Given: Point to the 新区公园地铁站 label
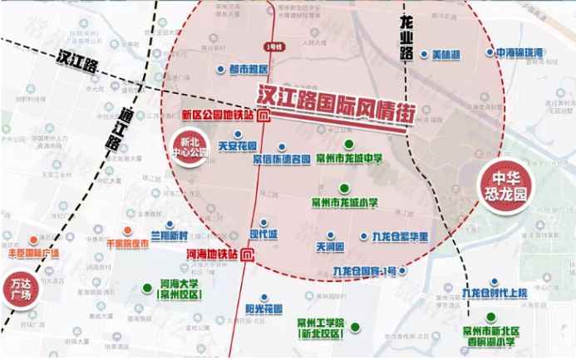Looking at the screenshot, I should pyautogui.click(x=218, y=115).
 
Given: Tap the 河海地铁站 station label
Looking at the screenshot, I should pyautogui.click(x=213, y=252).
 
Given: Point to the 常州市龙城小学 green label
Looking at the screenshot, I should pyautogui.click(x=344, y=200).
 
